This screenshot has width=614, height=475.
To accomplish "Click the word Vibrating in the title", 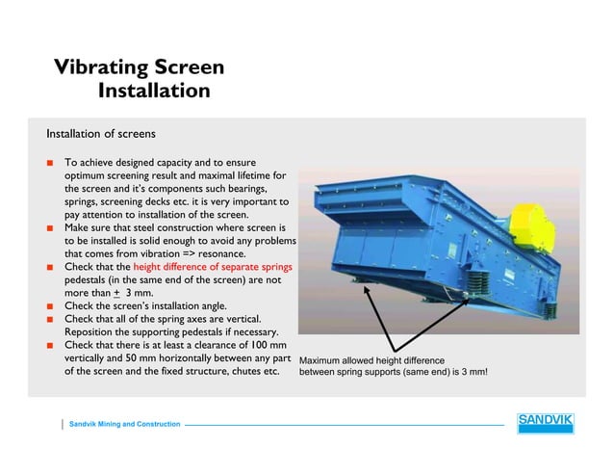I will pos(101,68).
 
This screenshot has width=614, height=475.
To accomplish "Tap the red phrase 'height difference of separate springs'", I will pos(213,266).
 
